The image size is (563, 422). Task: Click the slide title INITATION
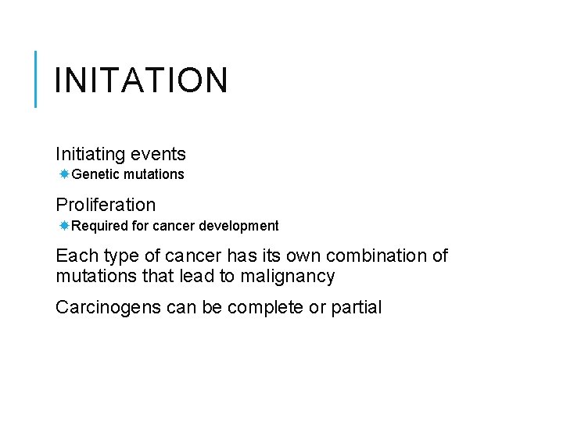coord(142,80)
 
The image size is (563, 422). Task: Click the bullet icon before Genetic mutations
coord(64,174)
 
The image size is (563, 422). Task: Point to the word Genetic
coord(95,174)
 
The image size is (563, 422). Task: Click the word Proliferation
coord(106,205)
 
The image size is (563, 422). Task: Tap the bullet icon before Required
coord(64,226)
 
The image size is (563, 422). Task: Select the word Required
coord(98,226)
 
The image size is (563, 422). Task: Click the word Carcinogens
coord(109,307)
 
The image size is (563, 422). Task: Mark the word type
coord(115,256)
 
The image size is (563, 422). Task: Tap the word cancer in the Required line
coord(171,226)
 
